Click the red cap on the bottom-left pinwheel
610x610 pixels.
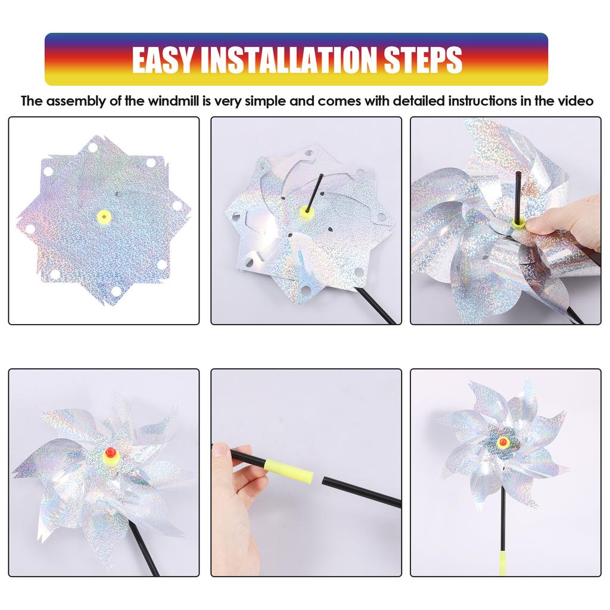pos(109,455)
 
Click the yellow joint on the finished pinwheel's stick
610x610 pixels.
pos(502,562)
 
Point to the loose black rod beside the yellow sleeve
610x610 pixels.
pos(361,492)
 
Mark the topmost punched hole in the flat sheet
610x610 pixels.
pos(92,147)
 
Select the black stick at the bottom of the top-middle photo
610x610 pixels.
pos(375,307)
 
